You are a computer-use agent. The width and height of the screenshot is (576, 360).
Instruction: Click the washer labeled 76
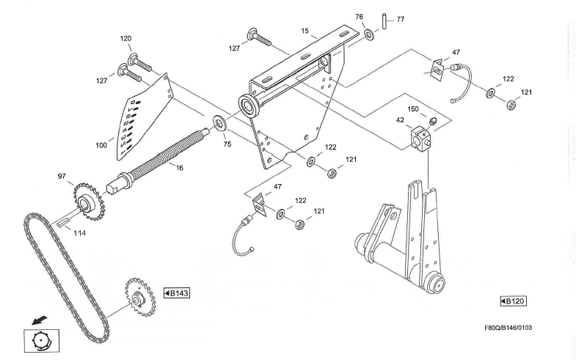pyautogui.click(x=367, y=35)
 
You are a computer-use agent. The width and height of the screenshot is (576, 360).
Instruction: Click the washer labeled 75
pyautogui.click(x=219, y=121)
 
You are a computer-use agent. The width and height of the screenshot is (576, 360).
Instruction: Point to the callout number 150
pyautogui.click(x=413, y=109)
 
